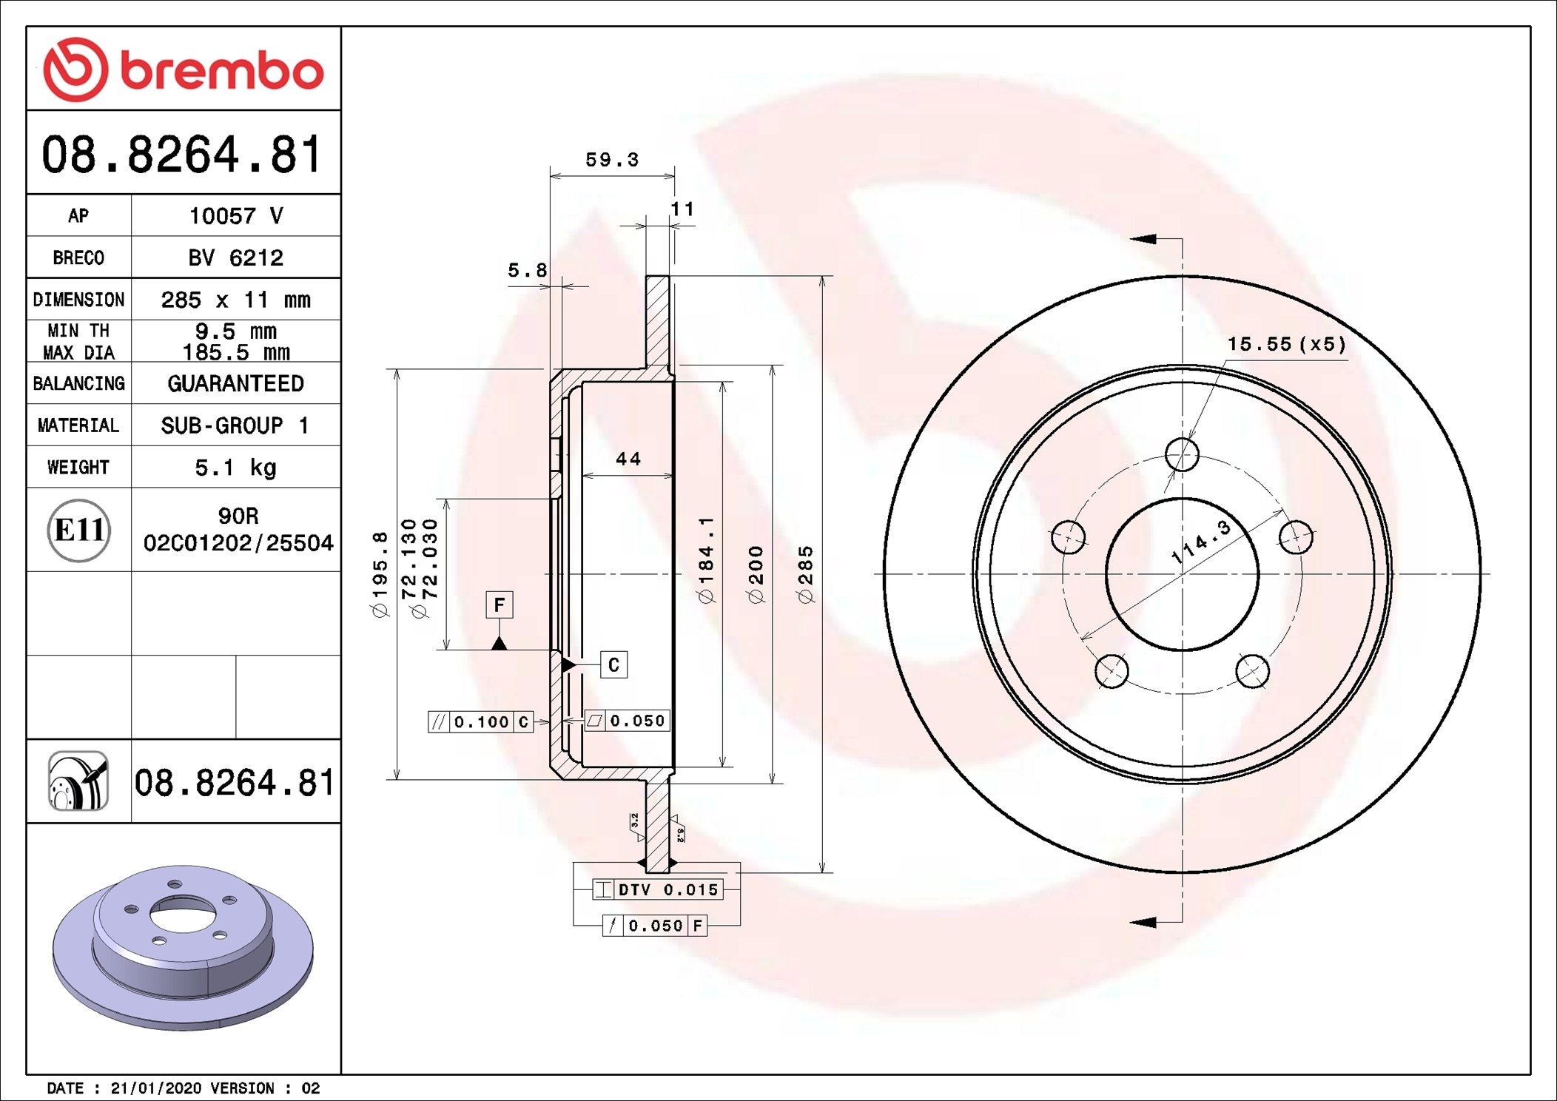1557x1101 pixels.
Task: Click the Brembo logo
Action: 184,70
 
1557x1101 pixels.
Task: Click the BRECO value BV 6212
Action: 235,257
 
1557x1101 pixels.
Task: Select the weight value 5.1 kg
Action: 235,468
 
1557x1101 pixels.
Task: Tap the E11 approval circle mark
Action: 79,530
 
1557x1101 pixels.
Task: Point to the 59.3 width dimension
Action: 611,160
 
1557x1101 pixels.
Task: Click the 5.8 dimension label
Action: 527,271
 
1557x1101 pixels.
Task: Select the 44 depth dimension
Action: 628,459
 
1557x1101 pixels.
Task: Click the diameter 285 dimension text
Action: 806,574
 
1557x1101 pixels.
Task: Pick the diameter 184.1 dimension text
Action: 707,559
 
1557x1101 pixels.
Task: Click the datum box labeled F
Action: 500,605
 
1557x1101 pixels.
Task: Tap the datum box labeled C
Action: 613,664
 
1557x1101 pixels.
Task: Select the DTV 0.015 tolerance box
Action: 657,889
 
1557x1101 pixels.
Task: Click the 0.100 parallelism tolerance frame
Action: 481,722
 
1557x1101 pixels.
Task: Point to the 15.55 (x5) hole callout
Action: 1286,344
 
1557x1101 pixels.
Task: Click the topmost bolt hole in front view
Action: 1182,454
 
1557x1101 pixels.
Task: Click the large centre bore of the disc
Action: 1182,574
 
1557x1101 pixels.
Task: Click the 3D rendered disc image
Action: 182,947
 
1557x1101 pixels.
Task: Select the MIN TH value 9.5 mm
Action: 235,331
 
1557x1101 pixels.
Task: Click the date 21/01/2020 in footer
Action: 155,1088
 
